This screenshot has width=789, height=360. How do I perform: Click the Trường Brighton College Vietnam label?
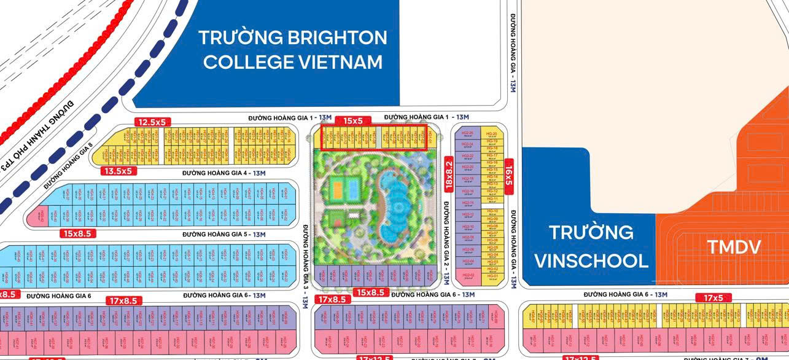click(293, 50)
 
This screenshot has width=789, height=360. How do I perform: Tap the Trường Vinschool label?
click(591, 246)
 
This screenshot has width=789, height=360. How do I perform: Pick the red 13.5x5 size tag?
click(118, 171)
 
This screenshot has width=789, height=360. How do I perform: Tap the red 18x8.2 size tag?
click(448, 174)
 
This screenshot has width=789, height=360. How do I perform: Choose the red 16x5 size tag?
click(508, 176)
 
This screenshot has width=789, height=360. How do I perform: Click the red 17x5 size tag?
click(713, 298)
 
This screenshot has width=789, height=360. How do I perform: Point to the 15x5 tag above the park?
click(353, 121)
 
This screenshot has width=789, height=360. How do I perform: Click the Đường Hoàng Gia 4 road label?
click(223, 173)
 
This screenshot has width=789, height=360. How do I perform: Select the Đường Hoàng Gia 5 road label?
click(223, 234)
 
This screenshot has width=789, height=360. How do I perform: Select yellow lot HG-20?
click(491, 134)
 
